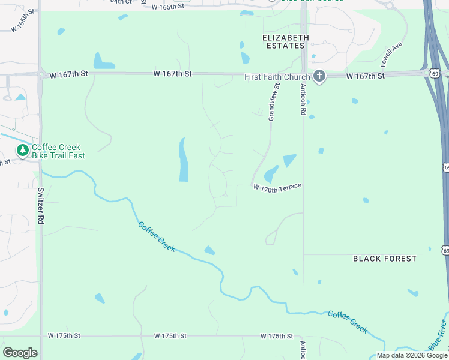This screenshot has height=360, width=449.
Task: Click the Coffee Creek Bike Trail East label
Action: [x=58, y=151]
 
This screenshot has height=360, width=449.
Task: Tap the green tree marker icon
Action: [x=22, y=150]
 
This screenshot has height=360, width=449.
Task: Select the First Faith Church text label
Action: [x=277, y=77]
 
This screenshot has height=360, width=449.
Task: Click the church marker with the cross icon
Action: [x=319, y=76]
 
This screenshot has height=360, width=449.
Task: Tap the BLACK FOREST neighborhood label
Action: [x=384, y=259]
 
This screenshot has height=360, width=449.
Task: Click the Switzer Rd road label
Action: [x=41, y=206]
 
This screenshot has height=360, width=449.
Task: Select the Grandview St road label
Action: [x=274, y=103]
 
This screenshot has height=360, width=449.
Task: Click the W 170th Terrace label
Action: [x=277, y=188]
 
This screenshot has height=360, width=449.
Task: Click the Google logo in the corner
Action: [x=20, y=353]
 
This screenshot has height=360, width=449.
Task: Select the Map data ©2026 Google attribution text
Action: [x=412, y=355]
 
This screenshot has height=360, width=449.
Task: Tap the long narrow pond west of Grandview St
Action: [x=182, y=160]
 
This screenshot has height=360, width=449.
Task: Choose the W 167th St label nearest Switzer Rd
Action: [x=69, y=74]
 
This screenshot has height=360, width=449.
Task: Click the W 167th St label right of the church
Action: [x=365, y=76]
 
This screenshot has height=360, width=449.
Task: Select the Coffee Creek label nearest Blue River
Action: [x=347, y=322]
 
